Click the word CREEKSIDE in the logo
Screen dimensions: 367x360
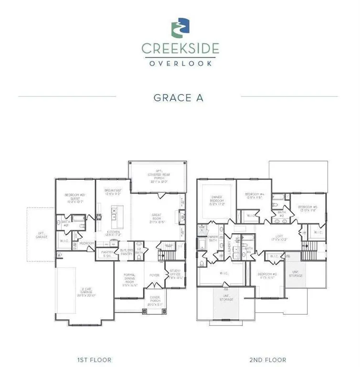(180, 48)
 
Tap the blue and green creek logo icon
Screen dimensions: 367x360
(180, 28)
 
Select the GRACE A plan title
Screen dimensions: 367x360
(178, 97)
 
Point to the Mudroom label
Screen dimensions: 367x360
(86, 243)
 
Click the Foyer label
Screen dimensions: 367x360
(154, 275)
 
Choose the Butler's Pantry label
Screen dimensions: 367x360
(126, 252)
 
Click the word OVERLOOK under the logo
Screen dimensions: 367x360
(180, 63)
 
